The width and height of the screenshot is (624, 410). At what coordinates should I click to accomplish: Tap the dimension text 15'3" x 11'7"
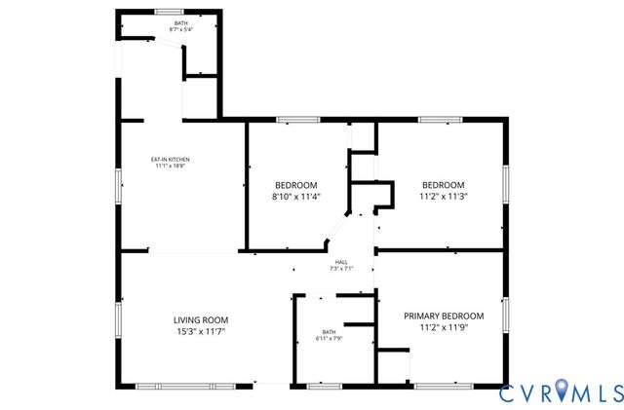pyautogui.click(x=201, y=332)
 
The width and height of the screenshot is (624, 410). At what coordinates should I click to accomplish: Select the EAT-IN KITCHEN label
pyautogui.click(x=170, y=159)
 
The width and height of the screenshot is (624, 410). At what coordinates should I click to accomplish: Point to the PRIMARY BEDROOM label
pyautogui.click(x=444, y=316)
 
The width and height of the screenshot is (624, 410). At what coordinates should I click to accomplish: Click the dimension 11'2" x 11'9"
pyautogui.click(x=444, y=328)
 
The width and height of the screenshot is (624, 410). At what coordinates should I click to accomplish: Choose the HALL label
pyautogui.click(x=341, y=262)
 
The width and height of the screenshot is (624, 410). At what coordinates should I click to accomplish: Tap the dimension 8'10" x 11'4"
pyautogui.click(x=296, y=196)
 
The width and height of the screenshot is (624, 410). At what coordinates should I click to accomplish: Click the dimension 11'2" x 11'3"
pyautogui.click(x=443, y=196)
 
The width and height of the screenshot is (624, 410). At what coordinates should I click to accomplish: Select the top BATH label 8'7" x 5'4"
pyautogui.click(x=181, y=22)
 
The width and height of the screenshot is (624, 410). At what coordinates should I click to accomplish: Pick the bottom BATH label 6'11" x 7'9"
pyautogui.click(x=329, y=332)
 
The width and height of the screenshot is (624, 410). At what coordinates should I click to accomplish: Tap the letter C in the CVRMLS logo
pyautogui.click(x=509, y=393)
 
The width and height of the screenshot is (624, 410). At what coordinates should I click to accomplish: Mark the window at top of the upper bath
pyautogui.click(x=169, y=11)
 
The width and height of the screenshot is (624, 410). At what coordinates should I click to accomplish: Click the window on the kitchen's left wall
pyautogui.click(x=118, y=184)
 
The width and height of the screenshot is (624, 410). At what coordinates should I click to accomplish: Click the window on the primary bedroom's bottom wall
pyautogui.click(x=442, y=387)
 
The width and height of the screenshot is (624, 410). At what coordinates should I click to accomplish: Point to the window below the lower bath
pyautogui.click(x=324, y=387)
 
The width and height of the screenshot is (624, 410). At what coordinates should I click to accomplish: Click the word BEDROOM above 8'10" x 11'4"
pyautogui.click(x=296, y=184)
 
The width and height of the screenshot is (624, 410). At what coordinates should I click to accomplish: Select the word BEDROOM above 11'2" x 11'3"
pyautogui.click(x=443, y=184)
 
